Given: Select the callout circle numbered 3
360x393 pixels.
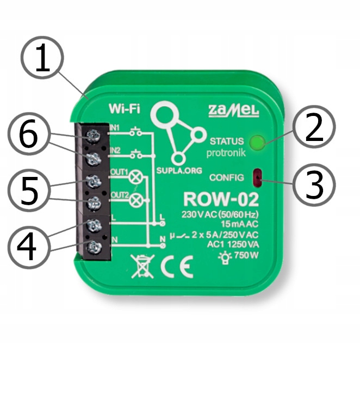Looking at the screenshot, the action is (x=313, y=183).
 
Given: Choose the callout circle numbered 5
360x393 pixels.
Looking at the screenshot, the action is (x=30, y=191).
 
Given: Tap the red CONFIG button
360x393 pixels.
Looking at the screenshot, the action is (x=257, y=176).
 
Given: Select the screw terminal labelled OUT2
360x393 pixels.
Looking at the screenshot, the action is (x=94, y=203).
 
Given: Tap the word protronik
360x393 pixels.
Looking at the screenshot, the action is (x=225, y=153).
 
